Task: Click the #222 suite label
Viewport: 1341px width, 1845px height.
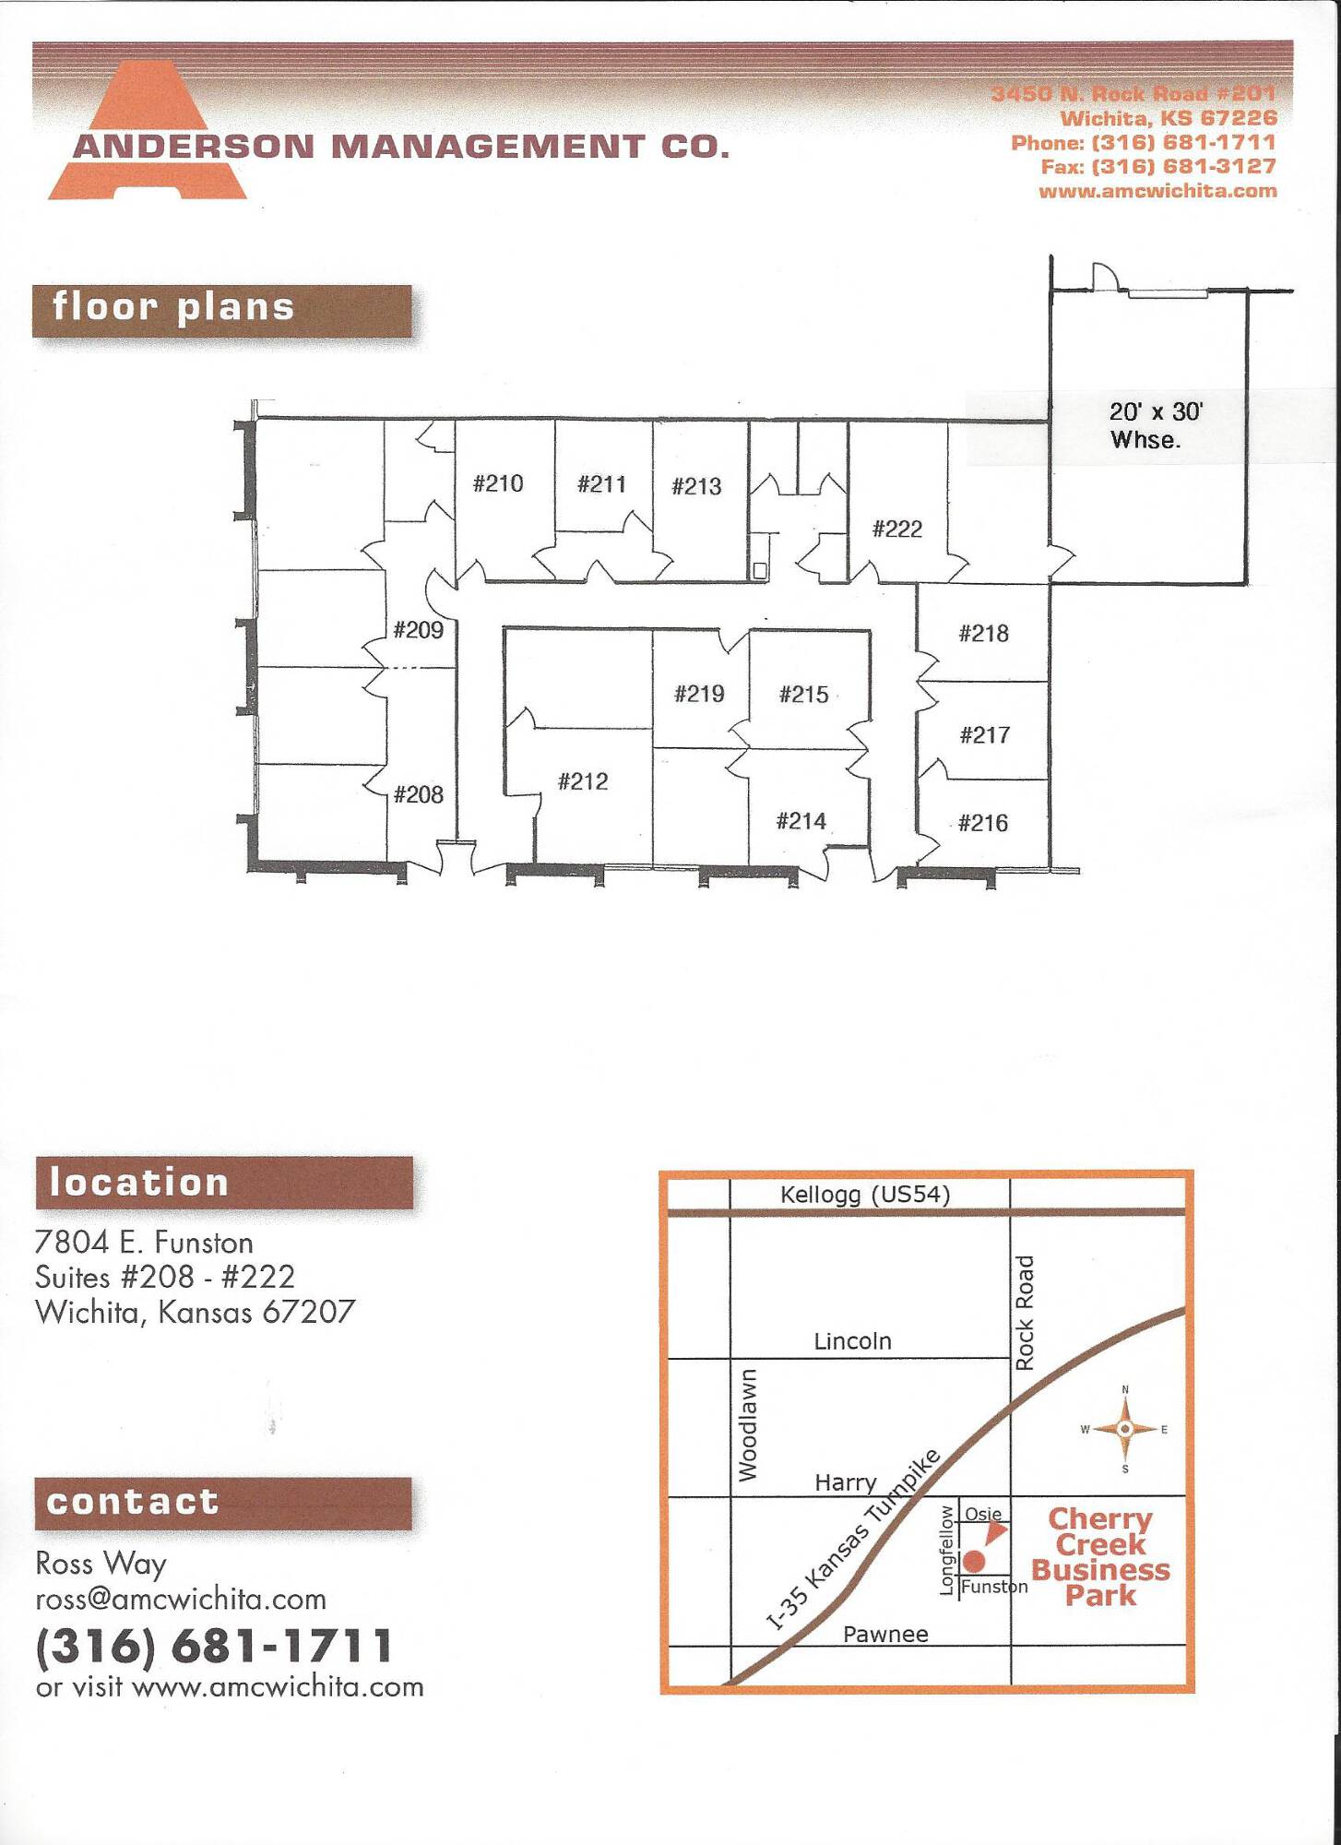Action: tap(897, 530)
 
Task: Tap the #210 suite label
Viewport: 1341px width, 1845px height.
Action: tap(498, 483)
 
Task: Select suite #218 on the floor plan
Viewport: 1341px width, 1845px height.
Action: tap(983, 634)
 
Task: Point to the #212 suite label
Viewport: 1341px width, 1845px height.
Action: tap(583, 782)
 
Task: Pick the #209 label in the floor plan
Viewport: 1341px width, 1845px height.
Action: tap(419, 630)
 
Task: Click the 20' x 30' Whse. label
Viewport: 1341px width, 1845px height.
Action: tap(1156, 425)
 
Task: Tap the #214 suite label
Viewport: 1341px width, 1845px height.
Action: tap(801, 821)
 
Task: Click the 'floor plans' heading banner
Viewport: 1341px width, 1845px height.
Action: tap(221, 311)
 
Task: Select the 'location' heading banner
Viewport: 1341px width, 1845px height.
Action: tap(224, 1183)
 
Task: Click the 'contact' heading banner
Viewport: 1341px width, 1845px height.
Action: tap(223, 1504)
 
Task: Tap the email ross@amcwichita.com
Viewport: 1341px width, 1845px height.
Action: tap(181, 1599)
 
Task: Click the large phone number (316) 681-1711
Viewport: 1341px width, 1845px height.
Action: tap(214, 1647)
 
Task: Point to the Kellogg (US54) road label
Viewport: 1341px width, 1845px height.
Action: tap(865, 1195)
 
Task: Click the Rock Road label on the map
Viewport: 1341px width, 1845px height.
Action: tap(1025, 1313)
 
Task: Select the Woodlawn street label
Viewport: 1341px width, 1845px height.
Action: tap(747, 1425)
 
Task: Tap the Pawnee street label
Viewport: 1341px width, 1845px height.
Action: tap(885, 1634)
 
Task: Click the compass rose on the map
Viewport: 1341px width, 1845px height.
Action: tap(1125, 1429)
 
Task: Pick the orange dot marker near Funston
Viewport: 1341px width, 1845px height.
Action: tap(974, 1562)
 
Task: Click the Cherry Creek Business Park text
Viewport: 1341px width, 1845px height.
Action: tap(1100, 1557)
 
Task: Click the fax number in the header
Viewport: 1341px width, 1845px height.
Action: tap(1158, 167)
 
